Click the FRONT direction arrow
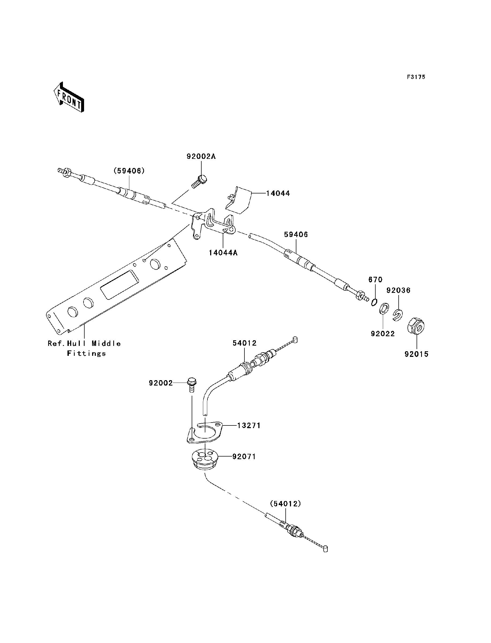(x=69, y=97)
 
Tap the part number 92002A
(x=201, y=156)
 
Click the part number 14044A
(x=223, y=253)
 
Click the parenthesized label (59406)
(x=129, y=171)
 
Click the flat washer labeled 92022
(x=384, y=308)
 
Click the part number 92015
(x=416, y=354)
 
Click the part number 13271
(x=248, y=425)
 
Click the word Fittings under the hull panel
(x=86, y=354)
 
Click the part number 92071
(x=244, y=457)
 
